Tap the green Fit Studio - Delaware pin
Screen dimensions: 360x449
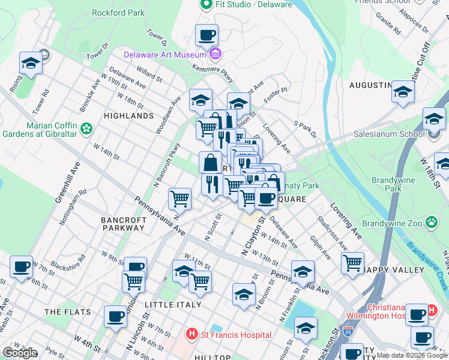pyautogui.click(x=206, y=5)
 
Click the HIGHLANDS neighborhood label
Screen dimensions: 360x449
pyautogui.click(x=128, y=115)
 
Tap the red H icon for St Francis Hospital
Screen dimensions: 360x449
pyautogui.click(x=191, y=334)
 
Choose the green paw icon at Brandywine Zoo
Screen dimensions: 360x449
pyautogui.click(x=431, y=223)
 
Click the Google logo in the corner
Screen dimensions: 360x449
pyautogui.click(x=19, y=353)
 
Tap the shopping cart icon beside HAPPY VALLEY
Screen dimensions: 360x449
pyautogui.click(x=352, y=262)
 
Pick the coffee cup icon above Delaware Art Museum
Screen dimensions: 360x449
pyautogui.click(x=206, y=34)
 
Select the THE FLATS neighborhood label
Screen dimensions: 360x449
pyautogui.click(x=67, y=312)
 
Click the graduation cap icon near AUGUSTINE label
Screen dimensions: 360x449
pyautogui.click(x=403, y=92)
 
